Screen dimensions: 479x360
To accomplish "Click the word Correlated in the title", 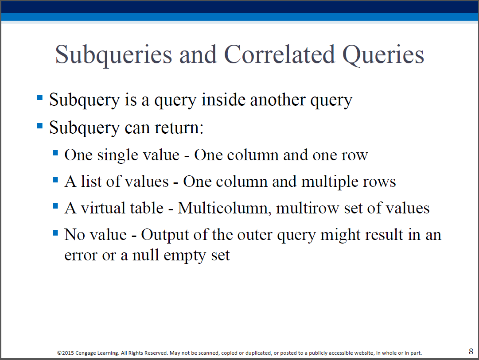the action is click(280, 54).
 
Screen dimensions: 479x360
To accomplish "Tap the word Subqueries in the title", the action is click(113, 56).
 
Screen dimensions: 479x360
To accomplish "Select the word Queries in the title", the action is click(383, 56).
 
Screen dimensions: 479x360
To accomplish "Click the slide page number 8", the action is click(471, 351).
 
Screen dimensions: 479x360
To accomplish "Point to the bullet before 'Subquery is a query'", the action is click(40, 97).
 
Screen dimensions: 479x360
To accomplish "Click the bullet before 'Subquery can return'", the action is click(40, 125).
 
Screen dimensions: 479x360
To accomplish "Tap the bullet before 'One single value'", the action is click(55, 153).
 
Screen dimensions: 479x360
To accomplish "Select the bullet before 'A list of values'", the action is click(55, 179).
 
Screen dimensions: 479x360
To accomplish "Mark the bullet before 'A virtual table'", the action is click(55, 206).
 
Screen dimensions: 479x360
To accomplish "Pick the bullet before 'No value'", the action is click(55, 233).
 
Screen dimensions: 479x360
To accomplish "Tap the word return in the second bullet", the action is click(179, 128).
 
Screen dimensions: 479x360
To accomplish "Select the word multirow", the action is click(308, 209).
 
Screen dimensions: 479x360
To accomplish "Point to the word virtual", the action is click(103, 208).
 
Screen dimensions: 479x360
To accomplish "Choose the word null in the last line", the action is click(146, 255).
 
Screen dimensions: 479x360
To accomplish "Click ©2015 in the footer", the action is click(66, 353).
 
